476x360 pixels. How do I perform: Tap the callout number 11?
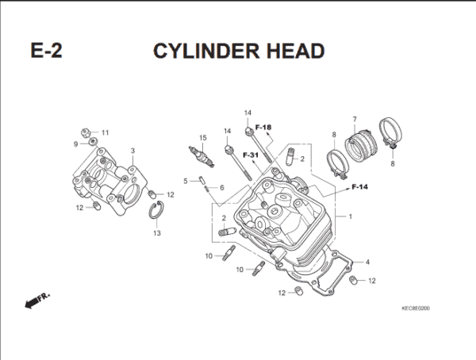[x=105, y=132]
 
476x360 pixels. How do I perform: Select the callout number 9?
[x=76, y=144]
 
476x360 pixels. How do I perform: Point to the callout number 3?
[x=132, y=150]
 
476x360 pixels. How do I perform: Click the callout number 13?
[x=156, y=233]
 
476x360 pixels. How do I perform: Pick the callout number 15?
[x=202, y=138]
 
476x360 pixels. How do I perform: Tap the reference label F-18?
[x=263, y=127]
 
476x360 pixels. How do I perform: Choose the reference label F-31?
[x=251, y=154]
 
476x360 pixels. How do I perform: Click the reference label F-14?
[x=359, y=187]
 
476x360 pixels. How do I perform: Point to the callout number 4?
[x=367, y=262]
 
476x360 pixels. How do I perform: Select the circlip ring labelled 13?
[x=157, y=212]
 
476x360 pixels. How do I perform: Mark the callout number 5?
[x=185, y=182]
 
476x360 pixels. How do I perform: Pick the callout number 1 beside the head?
[x=350, y=216]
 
